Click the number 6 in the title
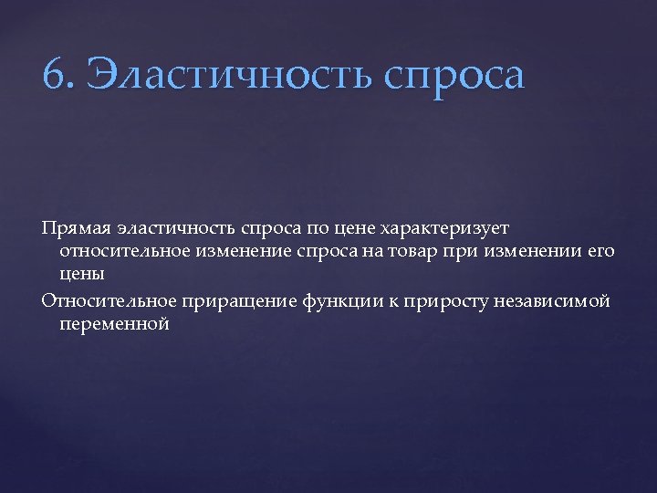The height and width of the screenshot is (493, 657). tap(55, 74)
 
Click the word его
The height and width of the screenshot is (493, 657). tap(599, 251)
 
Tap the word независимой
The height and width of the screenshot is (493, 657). tap(558, 299)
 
